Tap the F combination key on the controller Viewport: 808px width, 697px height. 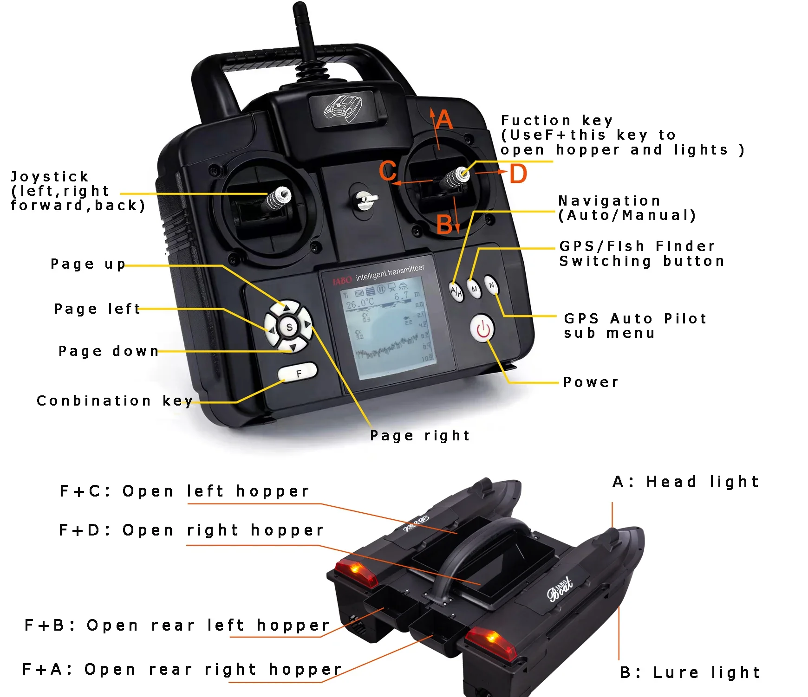[298, 372]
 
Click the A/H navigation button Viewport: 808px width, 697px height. [456, 291]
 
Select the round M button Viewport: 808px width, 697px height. [474, 289]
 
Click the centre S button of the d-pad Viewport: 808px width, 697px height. [289, 327]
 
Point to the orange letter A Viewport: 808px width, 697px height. [444, 120]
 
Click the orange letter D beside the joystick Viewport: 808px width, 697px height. [518, 174]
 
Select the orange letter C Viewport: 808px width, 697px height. [388, 171]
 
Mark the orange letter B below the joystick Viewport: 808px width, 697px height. [444, 225]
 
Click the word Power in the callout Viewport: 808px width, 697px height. [591, 382]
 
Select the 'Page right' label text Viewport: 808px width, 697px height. [420, 436]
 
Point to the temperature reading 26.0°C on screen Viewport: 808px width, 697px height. [360, 303]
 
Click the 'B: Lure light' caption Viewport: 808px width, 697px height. [690, 672]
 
